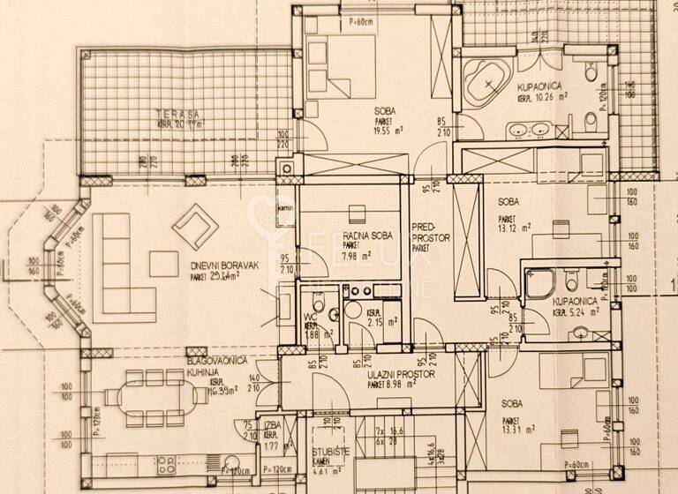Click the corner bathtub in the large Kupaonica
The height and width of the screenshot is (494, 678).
[x=483, y=82]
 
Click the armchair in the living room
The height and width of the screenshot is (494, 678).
[x=195, y=227]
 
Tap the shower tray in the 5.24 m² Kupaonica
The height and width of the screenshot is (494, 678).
[x=540, y=282]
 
